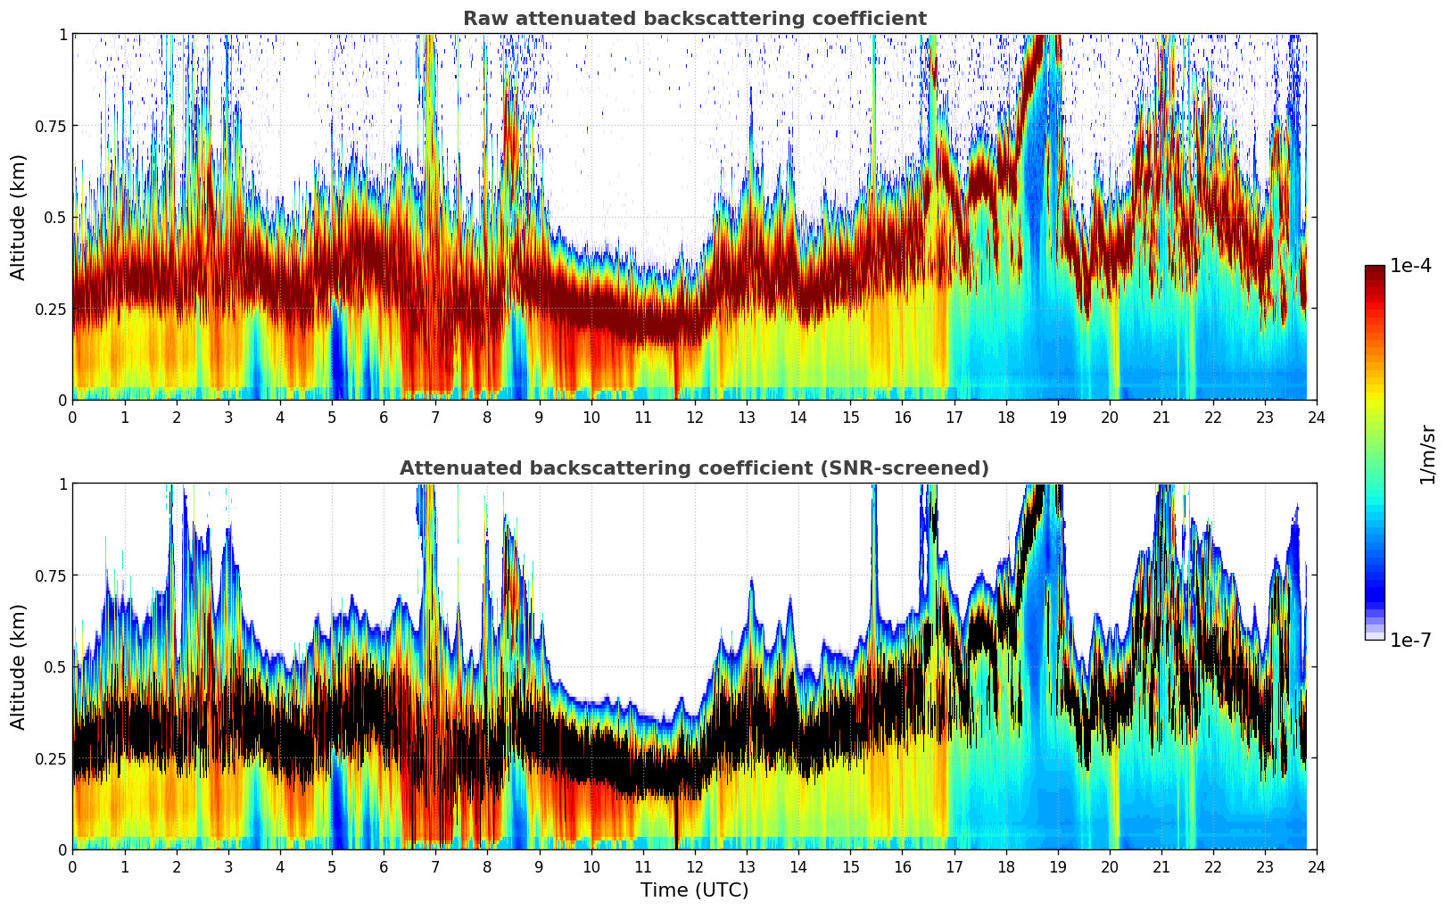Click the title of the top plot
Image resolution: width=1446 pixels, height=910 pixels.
click(x=694, y=19)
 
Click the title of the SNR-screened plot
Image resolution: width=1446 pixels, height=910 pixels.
click(x=694, y=468)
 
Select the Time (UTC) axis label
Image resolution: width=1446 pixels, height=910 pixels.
click(x=694, y=890)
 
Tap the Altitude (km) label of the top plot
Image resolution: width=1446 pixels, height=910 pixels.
click(x=19, y=217)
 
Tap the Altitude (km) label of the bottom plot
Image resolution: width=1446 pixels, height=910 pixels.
click(x=19, y=666)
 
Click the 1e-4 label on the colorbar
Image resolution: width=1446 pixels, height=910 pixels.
click(x=1410, y=266)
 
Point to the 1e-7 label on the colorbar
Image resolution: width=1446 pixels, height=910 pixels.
click(x=1410, y=640)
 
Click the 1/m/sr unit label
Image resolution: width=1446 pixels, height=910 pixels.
click(x=1426, y=454)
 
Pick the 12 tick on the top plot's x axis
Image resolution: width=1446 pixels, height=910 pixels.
click(x=694, y=417)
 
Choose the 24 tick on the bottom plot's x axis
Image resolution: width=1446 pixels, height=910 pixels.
click(x=1316, y=866)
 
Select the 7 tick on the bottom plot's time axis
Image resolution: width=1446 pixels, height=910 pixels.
click(x=435, y=866)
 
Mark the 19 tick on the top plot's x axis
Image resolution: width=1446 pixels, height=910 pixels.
click(x=1057, y=417)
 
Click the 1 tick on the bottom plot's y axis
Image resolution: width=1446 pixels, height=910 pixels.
click(x=62, y=484)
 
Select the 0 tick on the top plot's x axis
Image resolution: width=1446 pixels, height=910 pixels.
click(x=73, y=417)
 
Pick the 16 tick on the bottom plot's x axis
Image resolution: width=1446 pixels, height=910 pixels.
click(x=902, y=866)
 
